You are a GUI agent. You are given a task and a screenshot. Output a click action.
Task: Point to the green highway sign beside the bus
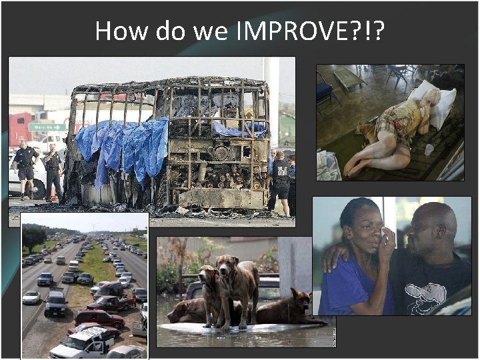point(47,127)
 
